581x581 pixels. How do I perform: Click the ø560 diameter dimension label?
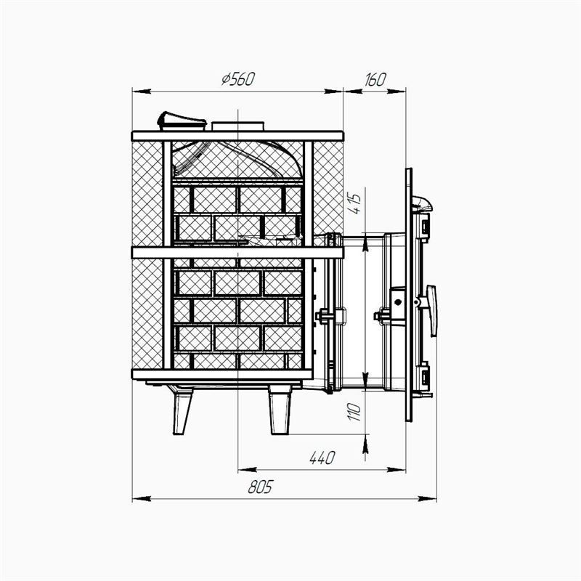coord(238,79)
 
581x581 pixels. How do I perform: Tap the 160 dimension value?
coord(375,80)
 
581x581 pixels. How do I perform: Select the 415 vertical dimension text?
coord(355,203)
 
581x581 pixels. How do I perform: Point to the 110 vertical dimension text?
coord(355,412)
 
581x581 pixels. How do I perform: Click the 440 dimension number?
coord(322,458)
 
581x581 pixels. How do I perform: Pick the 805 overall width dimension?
coord(260,487)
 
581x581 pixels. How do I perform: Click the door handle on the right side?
coord(431,311)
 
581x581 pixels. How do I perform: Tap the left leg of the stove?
coord(182,409)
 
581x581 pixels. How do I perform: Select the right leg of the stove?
coord(280,410)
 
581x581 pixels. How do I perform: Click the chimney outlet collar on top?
coord(238,126)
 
